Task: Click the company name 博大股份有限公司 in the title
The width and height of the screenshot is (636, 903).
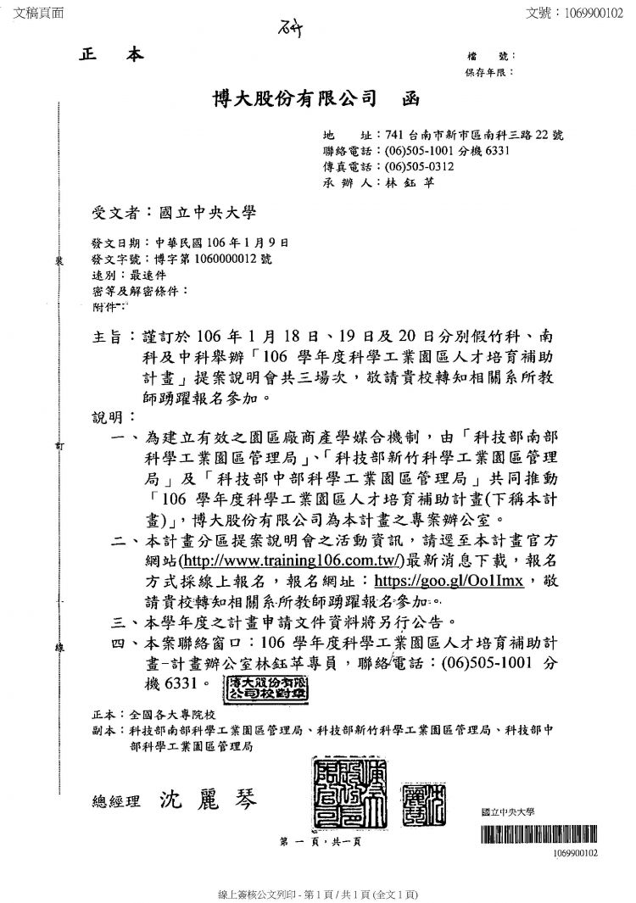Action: tap(293, 99)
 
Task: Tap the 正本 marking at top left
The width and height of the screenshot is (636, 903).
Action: tap(112, 55)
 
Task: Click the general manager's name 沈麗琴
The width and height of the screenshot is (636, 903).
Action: tap(205, 800)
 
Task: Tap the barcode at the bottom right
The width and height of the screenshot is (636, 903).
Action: tap(538, 833)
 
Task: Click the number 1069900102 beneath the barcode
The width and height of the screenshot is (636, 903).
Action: tap(574, 852)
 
